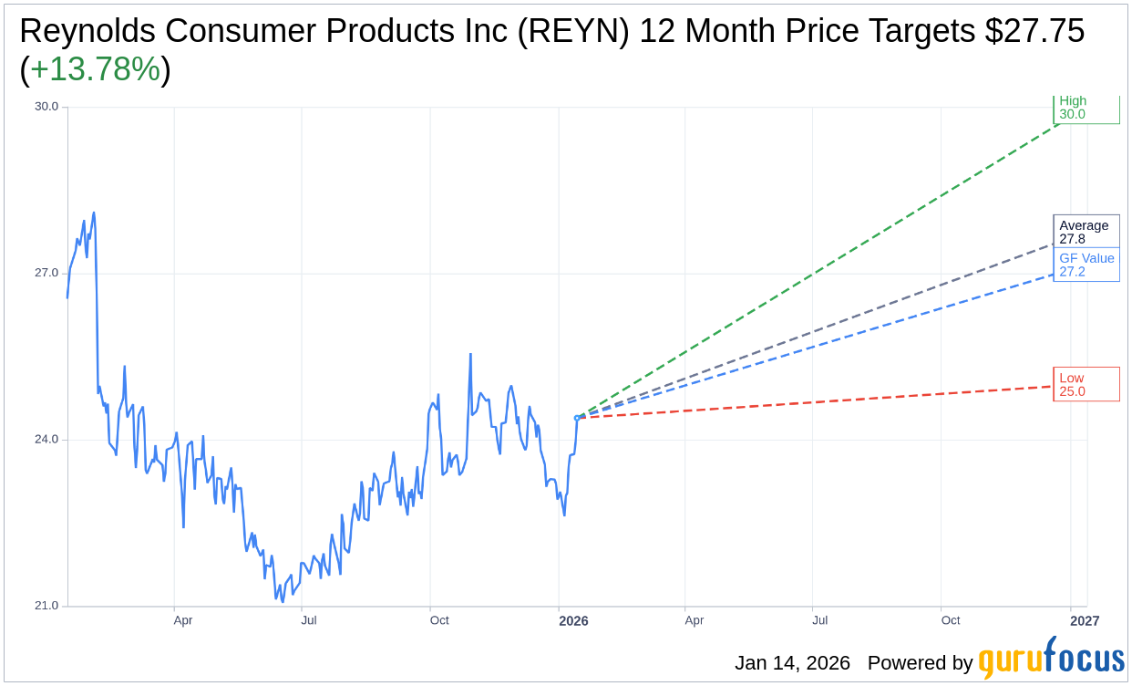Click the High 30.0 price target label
(1086, 109)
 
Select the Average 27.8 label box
(1086, 232)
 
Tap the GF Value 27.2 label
(1086, 265)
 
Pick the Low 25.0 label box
(1086, 384)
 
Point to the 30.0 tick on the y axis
(46, 106)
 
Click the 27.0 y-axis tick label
(46, 273)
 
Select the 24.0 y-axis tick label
(46, 440)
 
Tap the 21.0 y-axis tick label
(46, 606)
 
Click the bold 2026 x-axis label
(573, 621)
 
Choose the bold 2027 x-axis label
(1084, 621)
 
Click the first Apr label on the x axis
(182, 621)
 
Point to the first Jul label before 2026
(309, 621)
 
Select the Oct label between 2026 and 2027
(951, 621)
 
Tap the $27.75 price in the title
(1034, 32)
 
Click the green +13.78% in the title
(95, 70)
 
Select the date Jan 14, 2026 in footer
(792, 663)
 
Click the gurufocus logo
(1051, 660)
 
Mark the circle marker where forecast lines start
(577, 418)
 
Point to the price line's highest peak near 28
(94, 213)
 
